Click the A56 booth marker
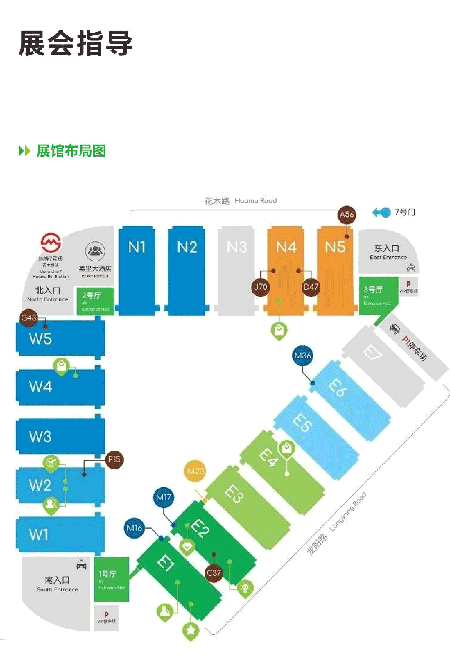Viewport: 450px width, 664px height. point(347,215)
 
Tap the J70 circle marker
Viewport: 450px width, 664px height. point(261,287)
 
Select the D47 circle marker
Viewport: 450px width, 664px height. point(311,287)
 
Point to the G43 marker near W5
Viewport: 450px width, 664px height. point(29,318)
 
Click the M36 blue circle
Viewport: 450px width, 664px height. point(302,356)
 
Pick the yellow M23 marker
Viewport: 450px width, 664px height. point(195,471)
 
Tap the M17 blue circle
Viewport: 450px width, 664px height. point(164,497)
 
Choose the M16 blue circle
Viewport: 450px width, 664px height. point(134,528)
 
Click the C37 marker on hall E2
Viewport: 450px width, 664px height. point(214,573)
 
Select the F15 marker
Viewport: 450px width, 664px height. point(114,460)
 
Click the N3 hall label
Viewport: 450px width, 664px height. point(237,247)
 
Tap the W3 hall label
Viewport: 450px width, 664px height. point(40,436)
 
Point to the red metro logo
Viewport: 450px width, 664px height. point(51,243)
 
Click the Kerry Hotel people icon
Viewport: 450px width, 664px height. point(95,251)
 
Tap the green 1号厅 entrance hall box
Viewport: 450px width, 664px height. point(111,579)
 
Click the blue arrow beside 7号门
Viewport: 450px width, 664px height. point(381,213)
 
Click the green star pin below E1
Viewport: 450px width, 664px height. point(191,630)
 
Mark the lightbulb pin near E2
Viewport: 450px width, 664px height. point(245,588)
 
